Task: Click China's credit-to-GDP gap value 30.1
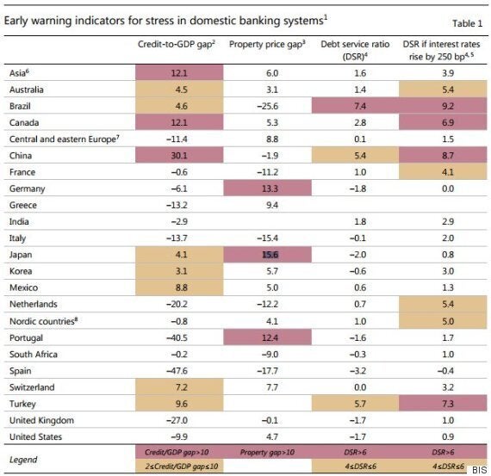179,156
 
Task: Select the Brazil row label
20,106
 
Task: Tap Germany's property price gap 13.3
270,189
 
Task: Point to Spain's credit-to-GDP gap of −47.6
177,371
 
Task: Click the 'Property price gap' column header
267,45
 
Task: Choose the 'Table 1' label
467,23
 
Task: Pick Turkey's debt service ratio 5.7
360,404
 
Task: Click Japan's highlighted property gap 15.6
270,255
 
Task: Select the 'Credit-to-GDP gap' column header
177,45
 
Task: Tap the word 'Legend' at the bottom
23,460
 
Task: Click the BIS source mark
480,470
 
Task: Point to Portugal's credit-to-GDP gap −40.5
177,338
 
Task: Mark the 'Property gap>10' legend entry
267,452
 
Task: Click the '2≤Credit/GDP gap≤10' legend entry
181,467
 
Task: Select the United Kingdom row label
41,420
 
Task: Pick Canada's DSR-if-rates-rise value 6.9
448,123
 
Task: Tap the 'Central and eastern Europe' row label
65,139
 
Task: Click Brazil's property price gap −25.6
268,106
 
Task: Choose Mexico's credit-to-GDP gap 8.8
181,287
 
